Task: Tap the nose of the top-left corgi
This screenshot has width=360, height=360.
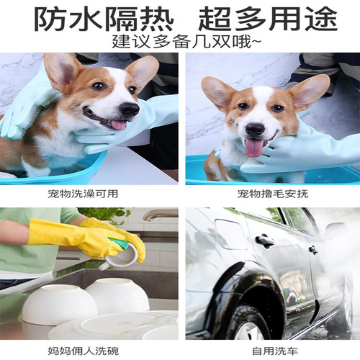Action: [128, 108]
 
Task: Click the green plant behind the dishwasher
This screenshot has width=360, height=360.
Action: [108, 214]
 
